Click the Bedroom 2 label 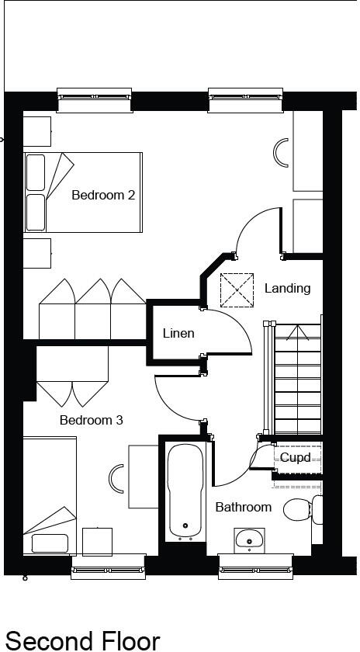[103, 195]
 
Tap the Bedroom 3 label [92, 420]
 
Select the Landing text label [287, 288]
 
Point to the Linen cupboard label [178, 333]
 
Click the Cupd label [295, 458]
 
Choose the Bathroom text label [244, 507]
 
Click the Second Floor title [83, 640]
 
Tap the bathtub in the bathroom [185, 491]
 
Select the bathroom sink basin [249, 538]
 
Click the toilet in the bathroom [297, 509]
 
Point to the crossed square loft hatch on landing [237, 290]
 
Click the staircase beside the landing [298, 380]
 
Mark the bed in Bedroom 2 [83, 192]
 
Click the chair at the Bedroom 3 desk [117, 480]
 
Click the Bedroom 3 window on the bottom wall [108, 567]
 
